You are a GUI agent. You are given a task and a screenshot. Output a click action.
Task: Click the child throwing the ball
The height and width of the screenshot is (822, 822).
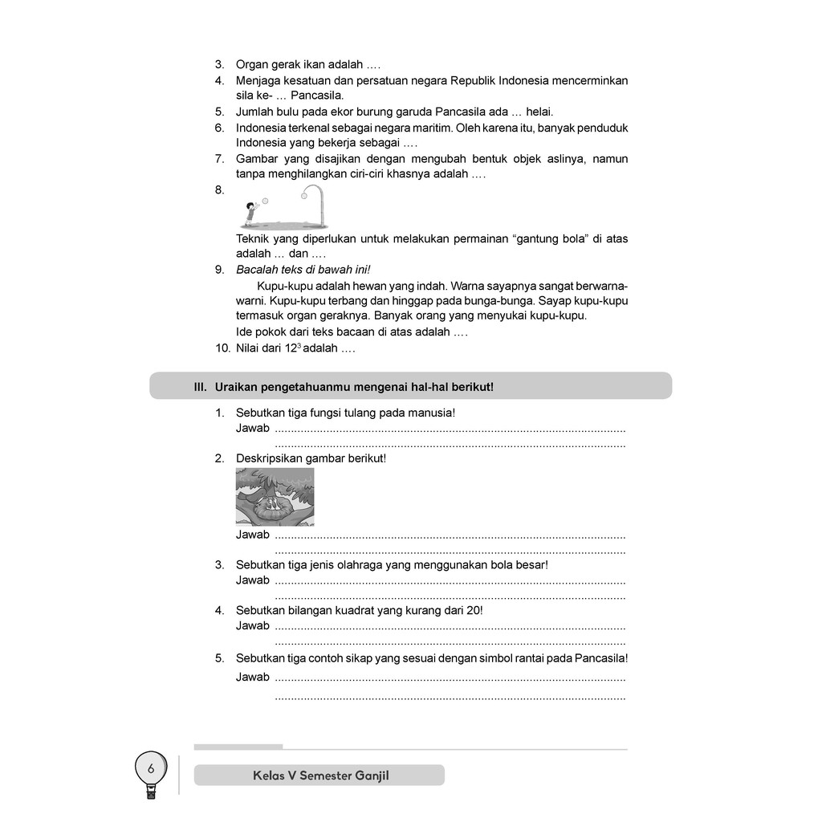pyautogui.click(x=251, y=211)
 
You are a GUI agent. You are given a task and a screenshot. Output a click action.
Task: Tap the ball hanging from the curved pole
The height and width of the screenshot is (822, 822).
pyautogui.click(x=304, y=193)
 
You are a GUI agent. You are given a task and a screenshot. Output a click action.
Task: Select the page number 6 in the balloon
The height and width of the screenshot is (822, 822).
pyautogui.click(x=150, y=769)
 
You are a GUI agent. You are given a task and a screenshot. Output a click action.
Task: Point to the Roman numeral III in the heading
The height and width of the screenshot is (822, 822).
pyautogui.click(x=201, y=387)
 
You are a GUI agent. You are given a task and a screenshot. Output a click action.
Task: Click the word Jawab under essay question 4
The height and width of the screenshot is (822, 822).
pyautogui.click(x=252, y=625)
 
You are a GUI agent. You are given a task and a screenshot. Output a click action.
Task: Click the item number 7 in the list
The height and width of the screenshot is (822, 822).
pyautogui.click(x=218, y=159)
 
